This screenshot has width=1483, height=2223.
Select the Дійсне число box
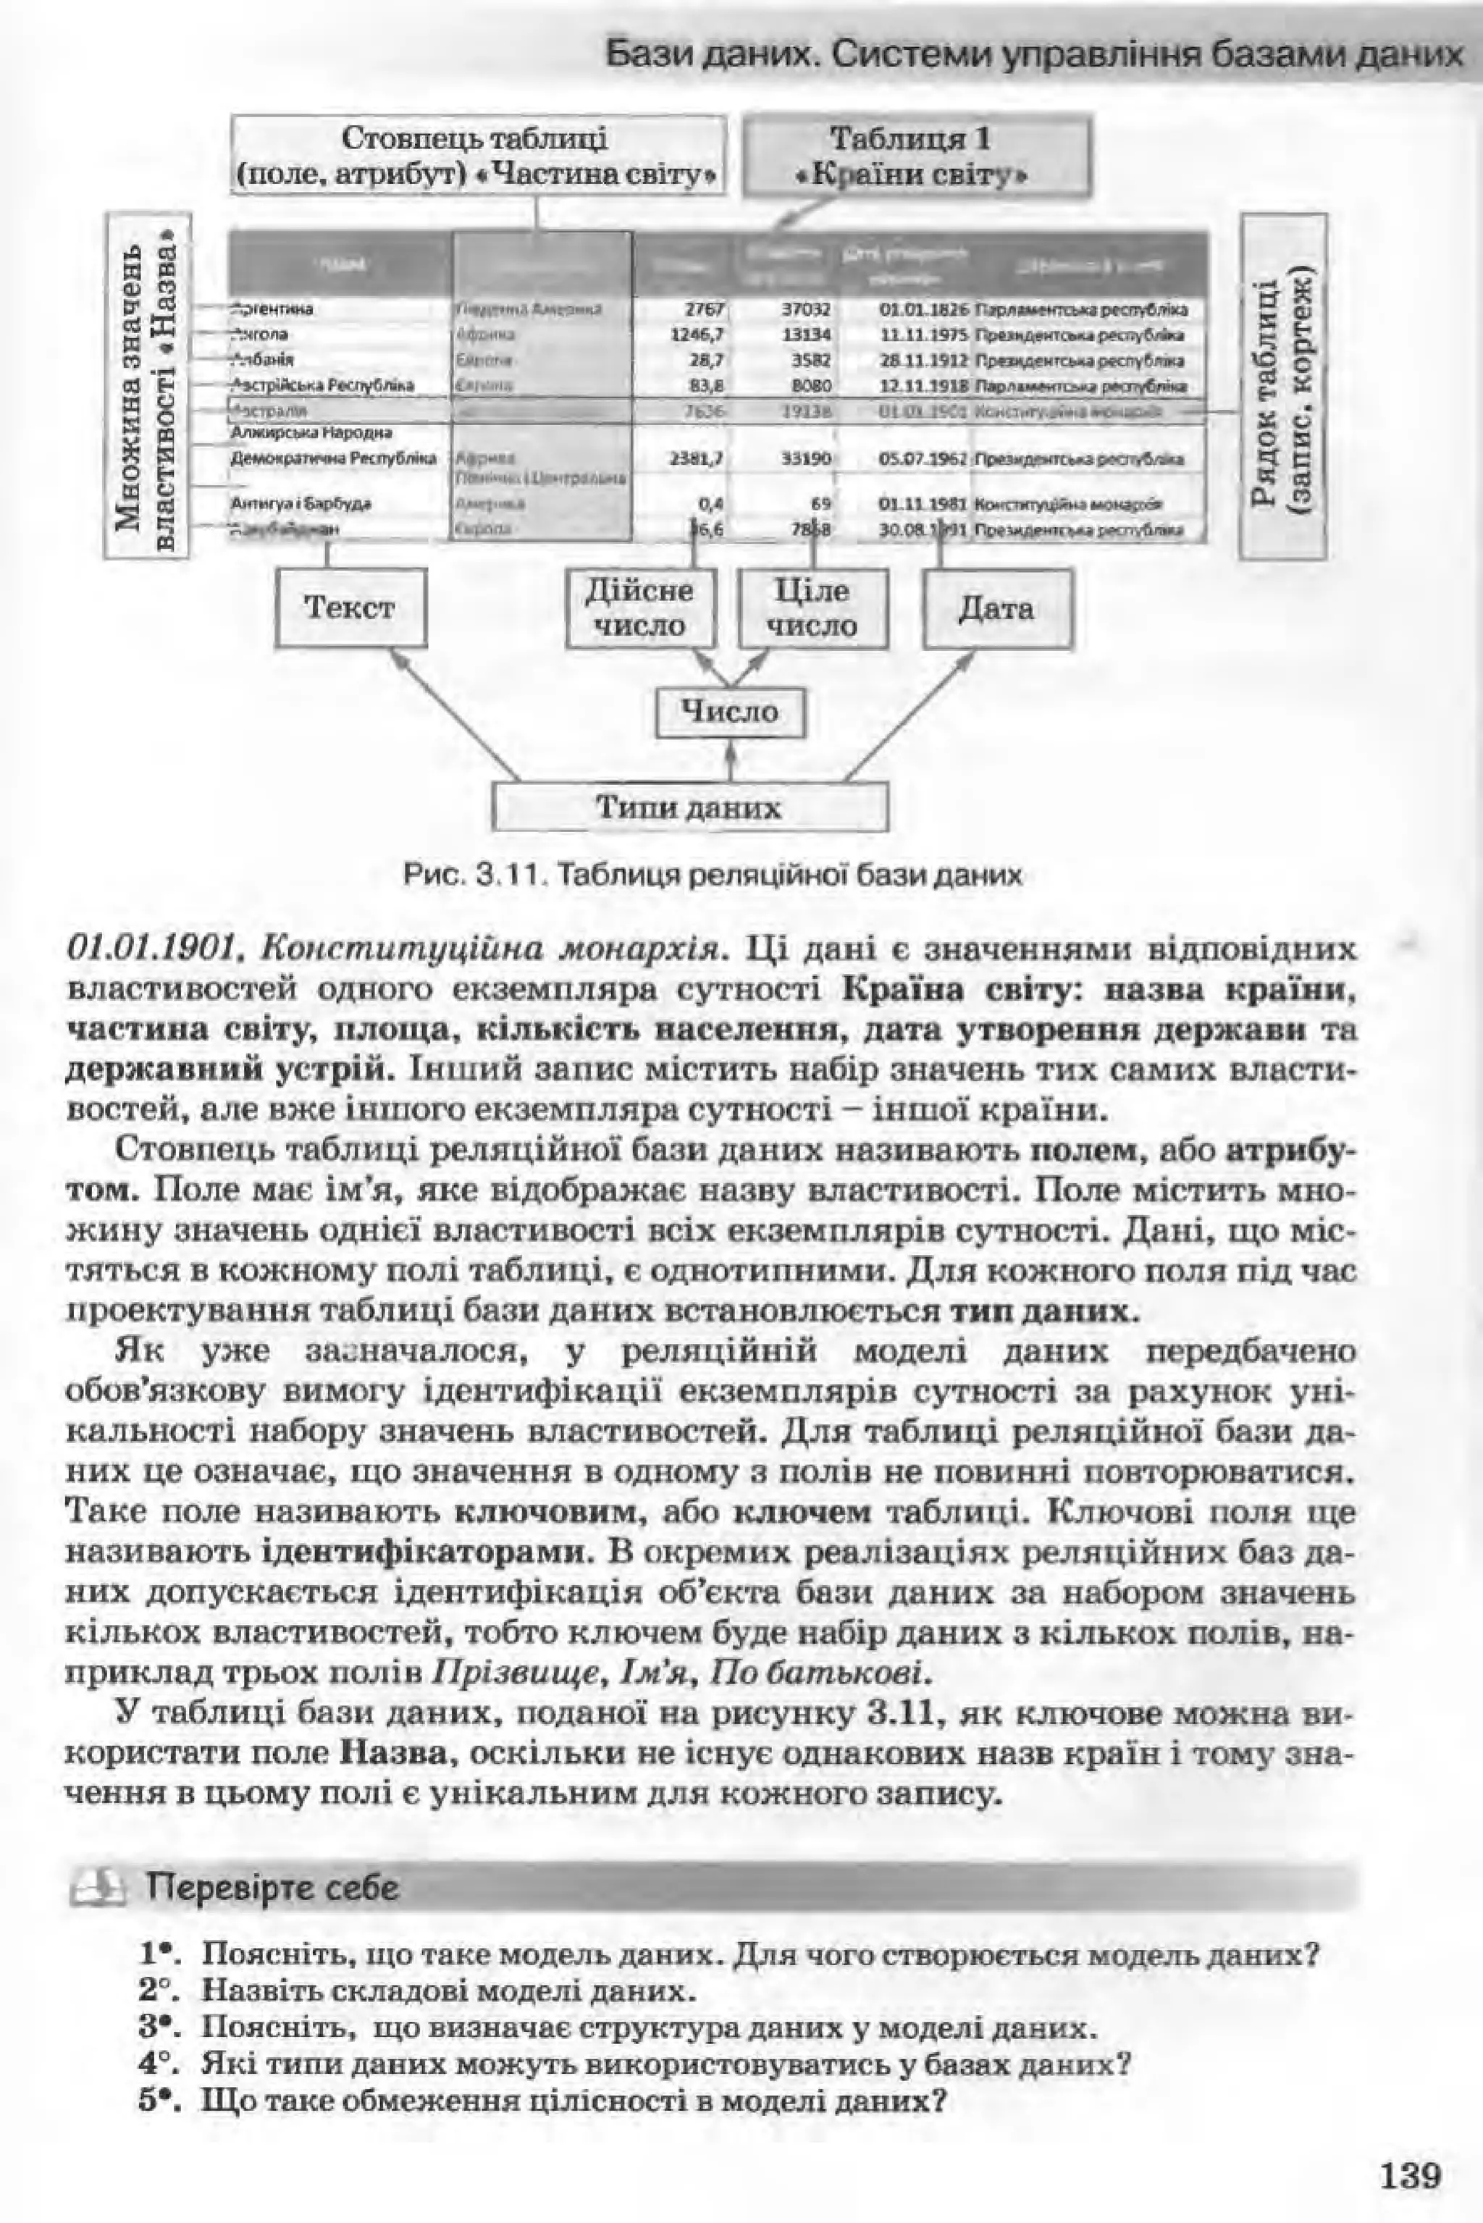639,608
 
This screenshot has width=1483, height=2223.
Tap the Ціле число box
813,608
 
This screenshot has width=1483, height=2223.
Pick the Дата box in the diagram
997,608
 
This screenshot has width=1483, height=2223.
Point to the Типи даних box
689,808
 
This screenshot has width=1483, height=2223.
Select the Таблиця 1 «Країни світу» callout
917,156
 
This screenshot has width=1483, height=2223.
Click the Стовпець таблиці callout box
479,156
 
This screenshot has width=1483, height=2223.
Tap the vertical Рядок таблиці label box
1282,387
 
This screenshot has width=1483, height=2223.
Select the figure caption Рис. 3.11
713,875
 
